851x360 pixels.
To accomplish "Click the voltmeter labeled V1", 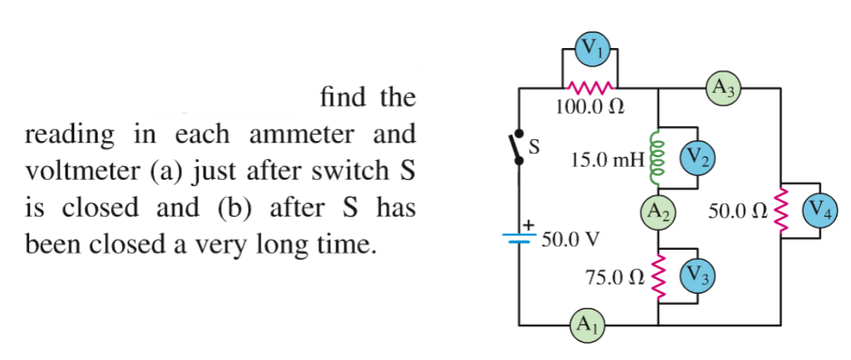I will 590,48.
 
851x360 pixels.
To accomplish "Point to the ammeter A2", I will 658,211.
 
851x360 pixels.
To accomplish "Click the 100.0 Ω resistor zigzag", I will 590,87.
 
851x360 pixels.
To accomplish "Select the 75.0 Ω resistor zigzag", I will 657,276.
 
